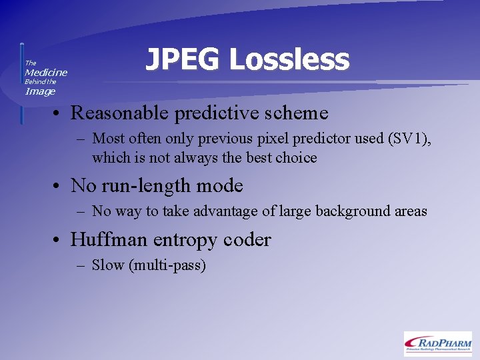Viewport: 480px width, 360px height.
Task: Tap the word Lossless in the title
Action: pyautogui.click(x=289, y=60)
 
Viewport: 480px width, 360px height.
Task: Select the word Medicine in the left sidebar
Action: pyautogui.click(x=46, y=72)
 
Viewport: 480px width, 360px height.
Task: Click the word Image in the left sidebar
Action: pyautogui.click(x=40, y=91)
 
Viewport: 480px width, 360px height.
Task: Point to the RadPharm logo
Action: pyautogui.click(x=437, y=343)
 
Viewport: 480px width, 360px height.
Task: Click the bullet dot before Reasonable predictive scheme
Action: pyautogui.click(x=59, y=113)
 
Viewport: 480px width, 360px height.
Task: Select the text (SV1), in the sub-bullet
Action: pyautogui.click(x=409, y=139)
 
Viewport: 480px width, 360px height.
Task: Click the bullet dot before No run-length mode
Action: pyautogui.click(x=59, y=186)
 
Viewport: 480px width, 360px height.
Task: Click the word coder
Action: pyautogui.click(x=249, y=239)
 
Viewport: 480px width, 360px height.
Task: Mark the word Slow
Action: pyautogui.click(x=108, y=265)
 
